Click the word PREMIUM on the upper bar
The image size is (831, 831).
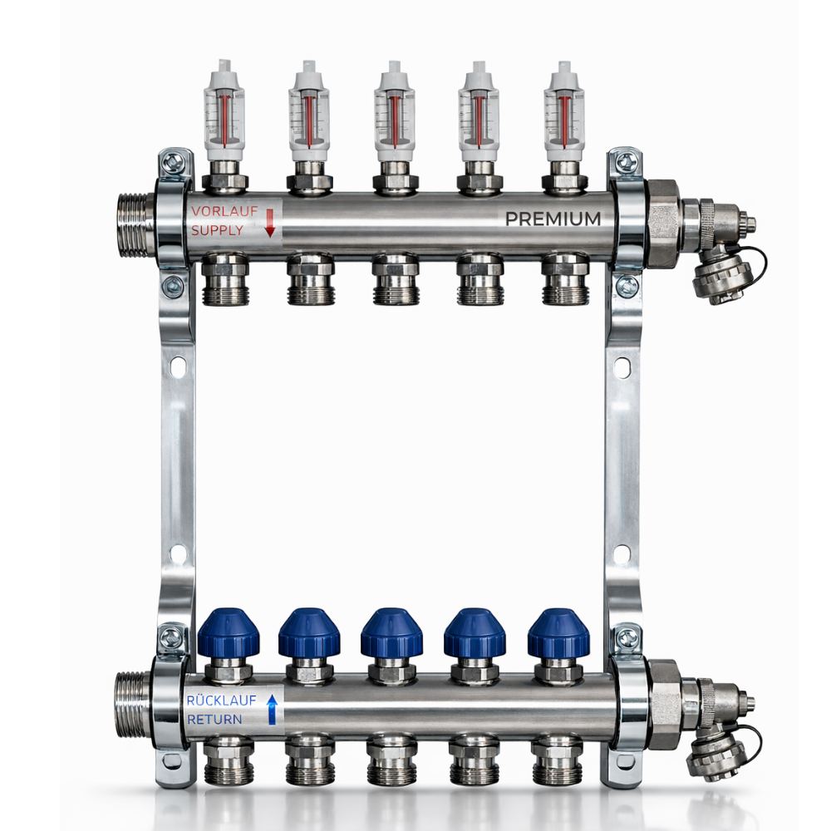553,219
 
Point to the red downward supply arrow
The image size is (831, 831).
270,223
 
